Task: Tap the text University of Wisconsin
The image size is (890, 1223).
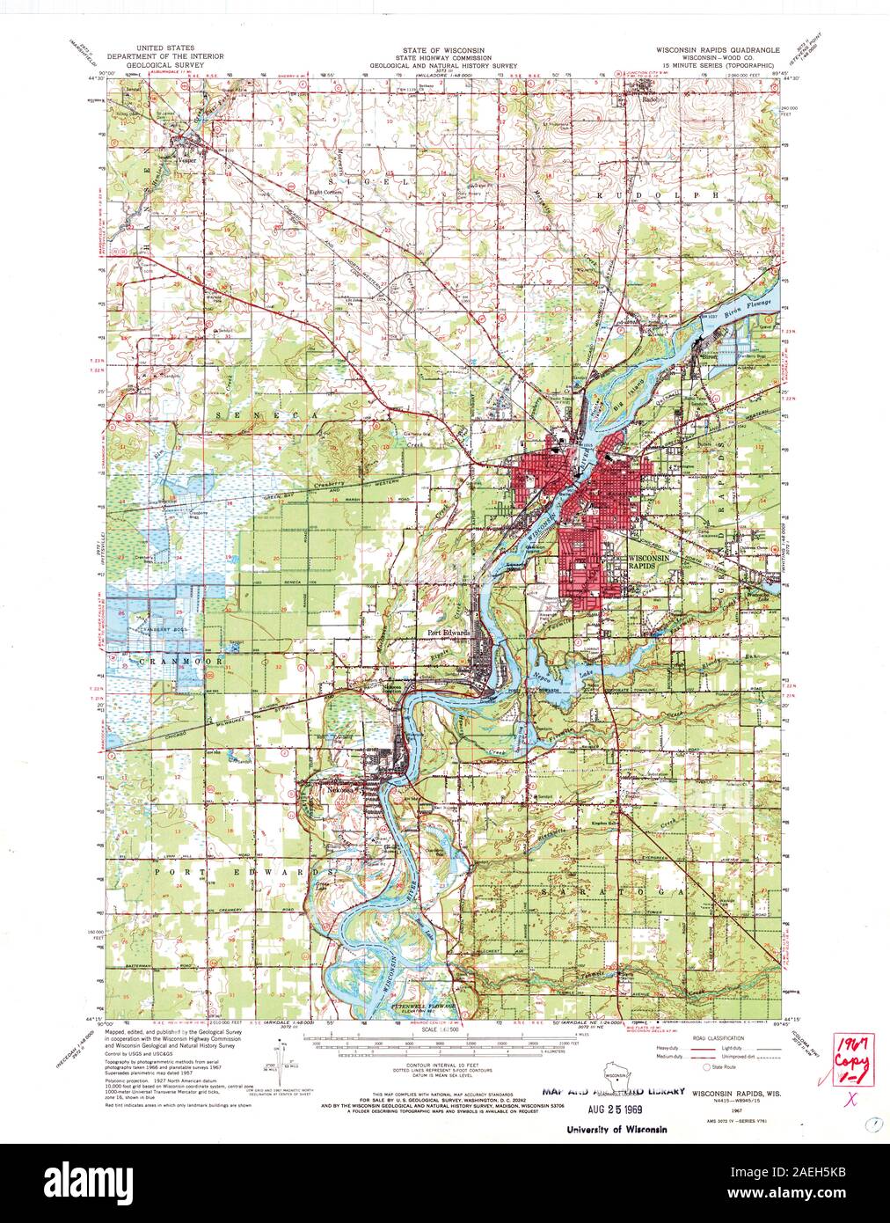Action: click(616, 1129)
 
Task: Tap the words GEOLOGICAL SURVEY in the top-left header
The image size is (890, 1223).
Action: click(165, 73)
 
